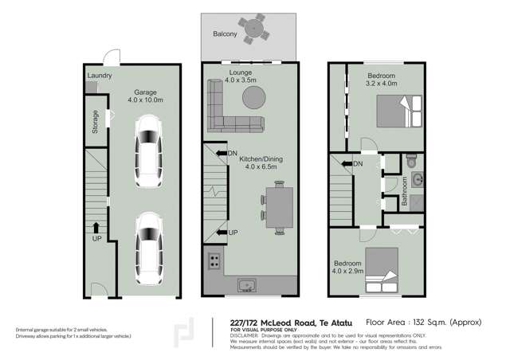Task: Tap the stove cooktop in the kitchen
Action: tap(214, 260)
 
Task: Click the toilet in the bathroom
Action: tap(411, 161)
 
